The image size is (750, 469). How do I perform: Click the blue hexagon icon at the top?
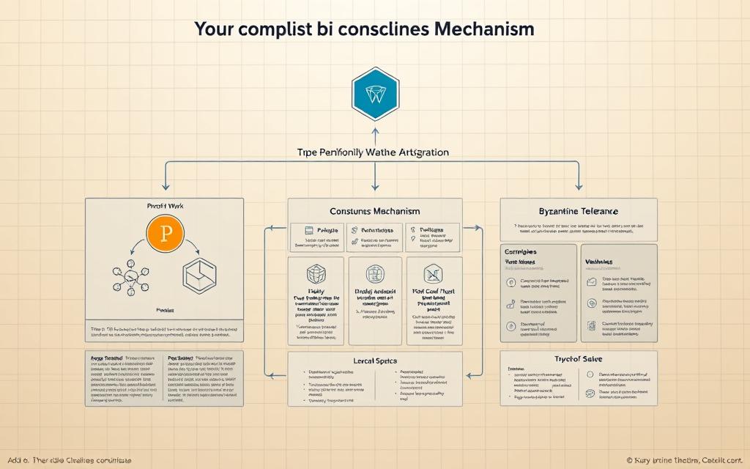point(375,93)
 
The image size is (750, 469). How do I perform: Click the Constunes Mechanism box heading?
point(375,211)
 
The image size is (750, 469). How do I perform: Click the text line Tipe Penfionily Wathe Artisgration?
point(374,152)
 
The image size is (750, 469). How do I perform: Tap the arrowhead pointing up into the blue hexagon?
point(375,132)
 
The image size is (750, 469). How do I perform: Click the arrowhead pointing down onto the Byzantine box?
point(579,188)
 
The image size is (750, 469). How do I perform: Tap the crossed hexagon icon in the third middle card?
point(432,273)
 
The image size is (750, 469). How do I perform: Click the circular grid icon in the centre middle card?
point(374,273)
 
